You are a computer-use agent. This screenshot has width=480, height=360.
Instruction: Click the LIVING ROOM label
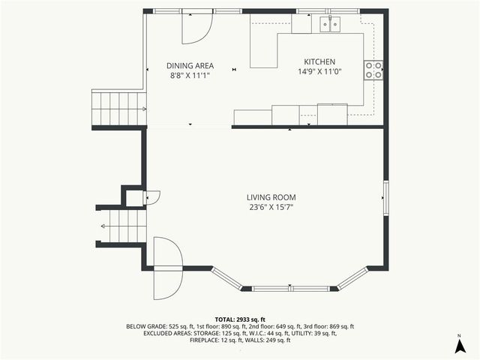pos(271,197)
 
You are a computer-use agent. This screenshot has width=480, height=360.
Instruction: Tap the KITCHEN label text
pos(319,62)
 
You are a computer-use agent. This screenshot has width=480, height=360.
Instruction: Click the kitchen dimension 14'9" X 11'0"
pos(319,73)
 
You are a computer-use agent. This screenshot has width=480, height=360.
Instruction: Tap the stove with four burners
pos(373,70)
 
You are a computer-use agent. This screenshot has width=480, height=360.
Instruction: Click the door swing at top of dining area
pos(198,28)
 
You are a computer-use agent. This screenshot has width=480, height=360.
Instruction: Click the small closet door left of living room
pos(151,196)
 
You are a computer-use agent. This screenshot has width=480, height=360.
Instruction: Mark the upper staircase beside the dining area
pos(118,108)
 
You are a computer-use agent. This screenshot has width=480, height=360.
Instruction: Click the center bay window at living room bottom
pos(290,288)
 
